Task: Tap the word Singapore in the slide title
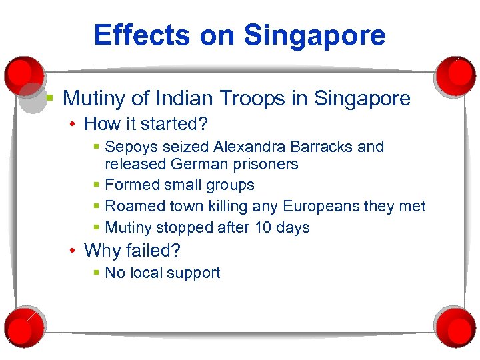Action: coord(315,35)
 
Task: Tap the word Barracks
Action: coord(319,147)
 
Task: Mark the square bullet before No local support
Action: coord(97,273)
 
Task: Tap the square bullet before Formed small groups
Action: coord(97,185)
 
